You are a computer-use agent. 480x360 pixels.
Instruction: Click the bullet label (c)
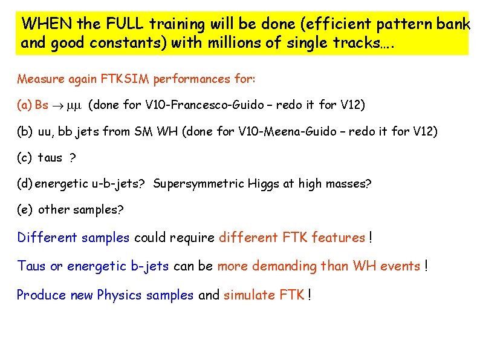[x=25, y=157]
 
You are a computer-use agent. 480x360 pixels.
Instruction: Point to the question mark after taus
[x=73, y=157]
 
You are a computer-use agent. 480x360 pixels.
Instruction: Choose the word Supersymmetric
[x=199, y=183]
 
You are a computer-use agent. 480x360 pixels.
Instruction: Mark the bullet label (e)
[x=25, y=209]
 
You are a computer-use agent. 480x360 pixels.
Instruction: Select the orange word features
[x=338, y=237]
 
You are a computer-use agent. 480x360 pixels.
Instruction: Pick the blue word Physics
[x=119, y=295]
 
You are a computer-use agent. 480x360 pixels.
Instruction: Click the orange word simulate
[x=246, y=295]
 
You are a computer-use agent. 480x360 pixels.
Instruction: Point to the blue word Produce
[x=41, y=295]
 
